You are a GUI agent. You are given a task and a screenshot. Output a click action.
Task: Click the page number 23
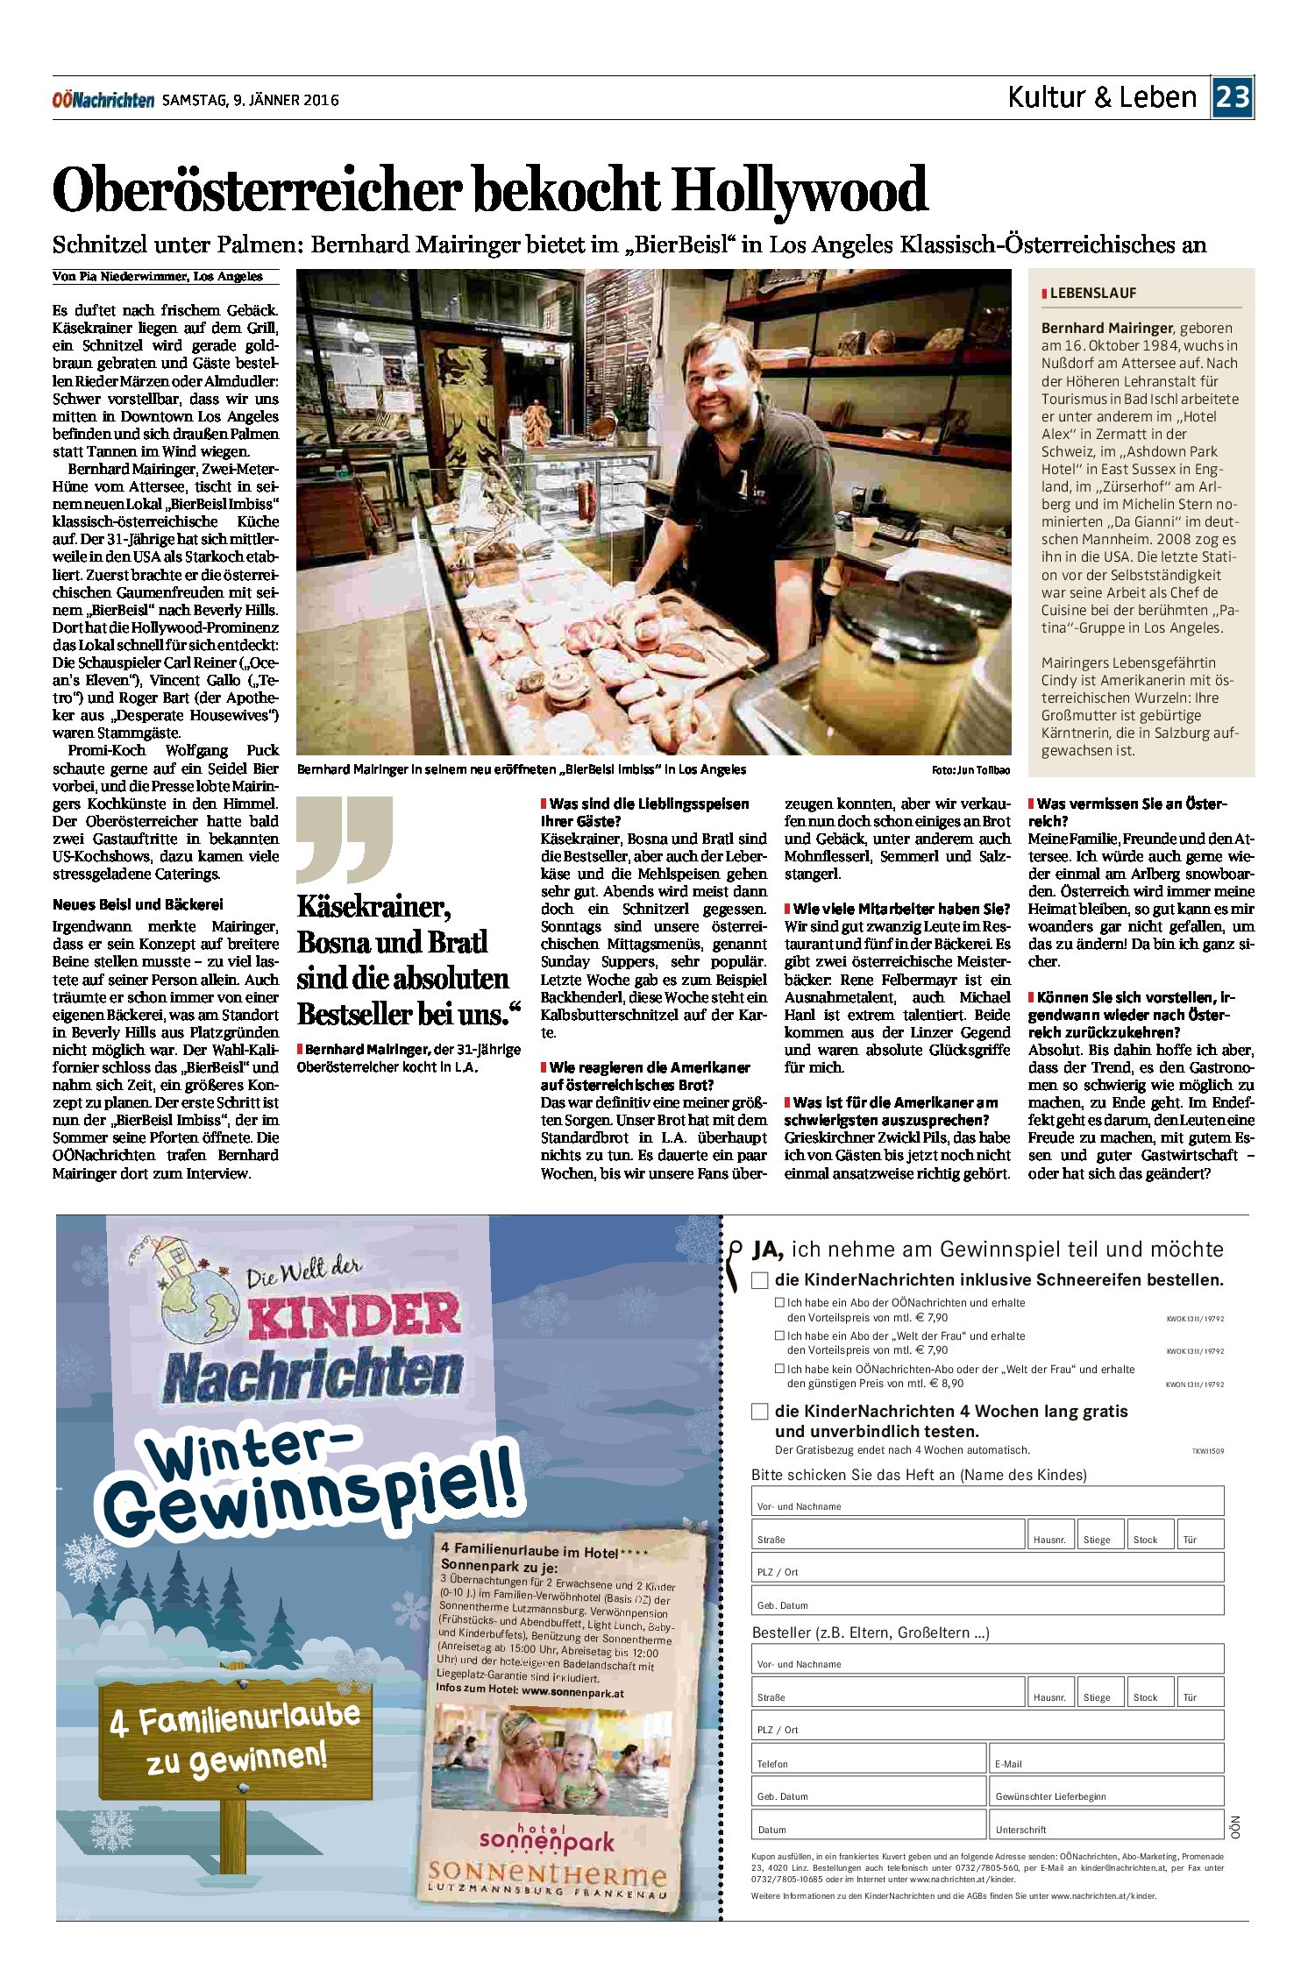[x=1232, y=96]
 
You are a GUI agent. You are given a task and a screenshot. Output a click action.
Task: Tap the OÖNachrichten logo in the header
[x=103, y=100]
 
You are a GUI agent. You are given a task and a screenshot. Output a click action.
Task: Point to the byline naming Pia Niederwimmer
[x=158, y=277]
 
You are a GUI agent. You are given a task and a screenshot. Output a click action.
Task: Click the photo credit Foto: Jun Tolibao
[x=970, y=770]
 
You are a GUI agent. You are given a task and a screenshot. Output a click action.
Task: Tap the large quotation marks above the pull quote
[x=344, y=839]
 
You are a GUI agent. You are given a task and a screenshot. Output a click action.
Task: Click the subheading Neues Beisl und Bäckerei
[x=138, y=904]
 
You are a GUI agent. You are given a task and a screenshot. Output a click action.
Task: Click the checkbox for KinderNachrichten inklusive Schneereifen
[x=760, y=1280]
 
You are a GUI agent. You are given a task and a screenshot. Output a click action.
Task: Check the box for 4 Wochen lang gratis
[x=760, y=1412]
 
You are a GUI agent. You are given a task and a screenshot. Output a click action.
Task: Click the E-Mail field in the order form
[x=1106, y=1759]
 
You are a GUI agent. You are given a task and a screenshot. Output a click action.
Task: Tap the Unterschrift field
[x=1106, y=1824]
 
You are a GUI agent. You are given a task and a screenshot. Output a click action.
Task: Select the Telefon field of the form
[x=868, y=1759]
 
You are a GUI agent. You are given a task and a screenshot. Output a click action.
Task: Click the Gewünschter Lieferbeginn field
[x=1106, y=1791]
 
